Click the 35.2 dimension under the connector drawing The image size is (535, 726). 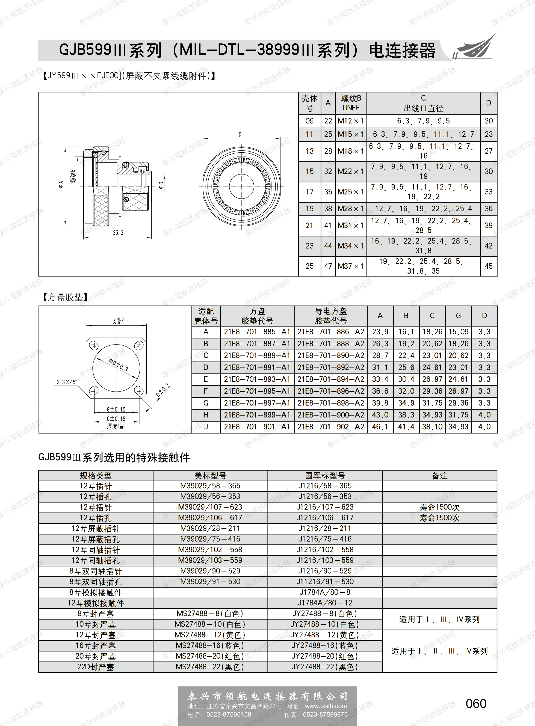pos(118,233)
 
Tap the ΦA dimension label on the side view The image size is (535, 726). pos(61,185)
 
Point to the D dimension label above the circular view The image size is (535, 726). pos(240,134)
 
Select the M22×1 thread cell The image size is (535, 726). pos(351,171)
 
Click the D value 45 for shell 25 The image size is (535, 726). pos(488,266)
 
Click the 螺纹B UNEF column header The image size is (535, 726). pos(351,103)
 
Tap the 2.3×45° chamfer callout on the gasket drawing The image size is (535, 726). pos(66,382)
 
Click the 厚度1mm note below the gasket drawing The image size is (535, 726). pos(116,426)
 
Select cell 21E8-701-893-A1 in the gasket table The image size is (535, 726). pos(257,379)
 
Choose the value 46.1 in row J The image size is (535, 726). pos(380,426)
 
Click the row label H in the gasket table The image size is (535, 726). pos(206,415)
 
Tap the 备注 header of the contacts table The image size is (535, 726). pos(439,476)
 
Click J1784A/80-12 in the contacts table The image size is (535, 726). pos(325,603)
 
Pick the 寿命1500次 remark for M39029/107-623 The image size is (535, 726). pos(439,507)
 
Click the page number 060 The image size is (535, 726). pos(476,704)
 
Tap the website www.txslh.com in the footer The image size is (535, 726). pos(326,706)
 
